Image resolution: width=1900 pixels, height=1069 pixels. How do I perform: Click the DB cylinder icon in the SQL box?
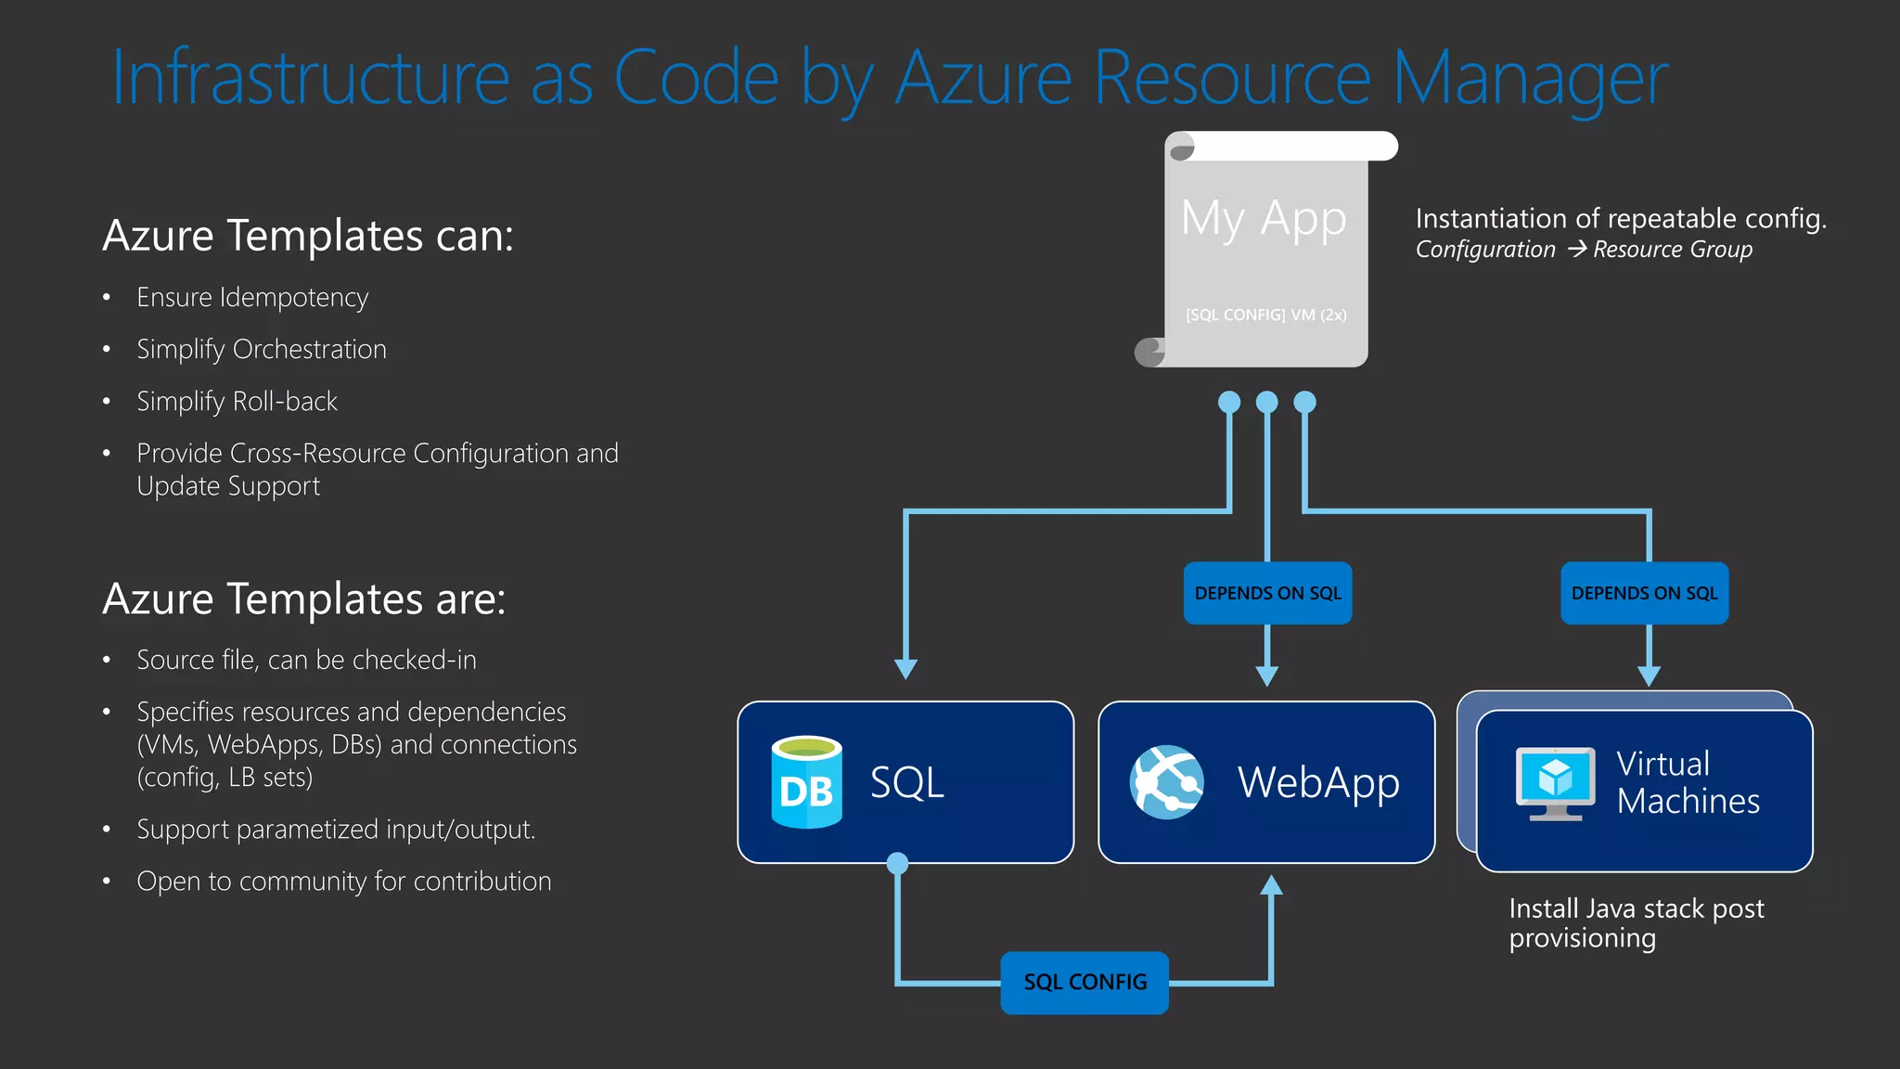pos(806,781)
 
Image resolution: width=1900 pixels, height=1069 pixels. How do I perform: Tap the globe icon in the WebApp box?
pos(1166,781)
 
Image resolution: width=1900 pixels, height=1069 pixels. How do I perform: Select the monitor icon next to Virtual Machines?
pos(1556,782)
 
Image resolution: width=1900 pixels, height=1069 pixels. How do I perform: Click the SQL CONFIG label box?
pos(1085,982)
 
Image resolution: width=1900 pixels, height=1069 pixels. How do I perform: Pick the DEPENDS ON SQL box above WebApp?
pos(1267,593)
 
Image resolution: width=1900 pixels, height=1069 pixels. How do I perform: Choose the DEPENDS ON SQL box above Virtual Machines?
pos(1644,593)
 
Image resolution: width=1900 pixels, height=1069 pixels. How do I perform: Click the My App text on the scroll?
pos(1264,219)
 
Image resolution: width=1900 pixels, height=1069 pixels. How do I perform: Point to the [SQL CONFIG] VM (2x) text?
pos(1265,315)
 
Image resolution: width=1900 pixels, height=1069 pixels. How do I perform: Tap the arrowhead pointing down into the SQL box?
pos(906,669)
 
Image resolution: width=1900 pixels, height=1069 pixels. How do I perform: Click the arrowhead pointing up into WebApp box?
pos(1272,885)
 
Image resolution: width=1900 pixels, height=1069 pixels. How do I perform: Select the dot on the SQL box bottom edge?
pos(897,863)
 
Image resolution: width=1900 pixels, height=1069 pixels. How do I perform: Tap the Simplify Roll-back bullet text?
pos(237,401)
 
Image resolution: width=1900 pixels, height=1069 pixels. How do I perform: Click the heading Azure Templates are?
pos(304,599)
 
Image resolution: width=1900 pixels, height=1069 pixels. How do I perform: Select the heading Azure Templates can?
pos(308,235)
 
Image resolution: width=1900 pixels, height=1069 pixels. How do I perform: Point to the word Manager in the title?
pos(1530,78)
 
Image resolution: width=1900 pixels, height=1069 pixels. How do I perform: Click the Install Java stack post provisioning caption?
pos(1637,922)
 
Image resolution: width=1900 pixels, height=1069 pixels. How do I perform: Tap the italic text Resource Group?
pos(1673,250)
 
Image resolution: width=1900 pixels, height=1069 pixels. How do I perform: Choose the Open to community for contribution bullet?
pos(343,881)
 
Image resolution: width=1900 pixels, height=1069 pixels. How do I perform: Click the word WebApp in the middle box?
pos(1318,782)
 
